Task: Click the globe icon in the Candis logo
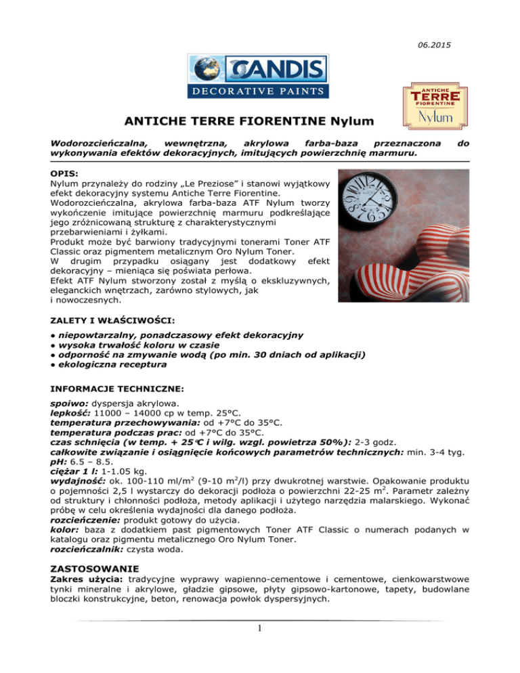[x=207, y=70]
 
